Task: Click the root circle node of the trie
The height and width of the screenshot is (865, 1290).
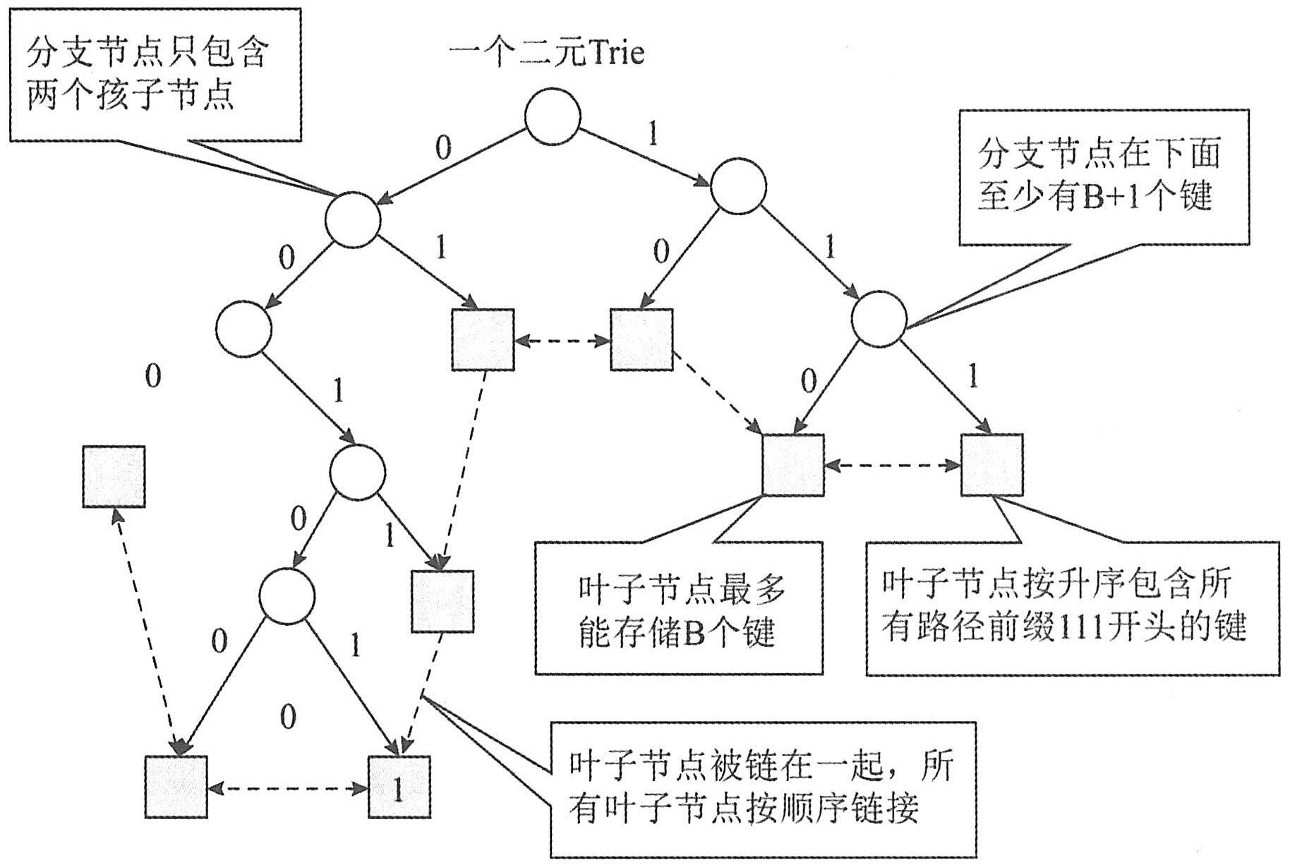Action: point(553,116)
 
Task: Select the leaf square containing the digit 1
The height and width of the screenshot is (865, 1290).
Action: point(399,787)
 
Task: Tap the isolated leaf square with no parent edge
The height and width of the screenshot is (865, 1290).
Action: point(114,476)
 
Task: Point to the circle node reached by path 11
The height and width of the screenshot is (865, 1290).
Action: point(879,320)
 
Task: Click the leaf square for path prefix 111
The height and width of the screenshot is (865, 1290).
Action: point(991,465)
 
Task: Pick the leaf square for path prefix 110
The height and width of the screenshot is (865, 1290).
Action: point(793,465)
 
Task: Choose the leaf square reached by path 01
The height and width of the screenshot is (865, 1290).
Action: point(483,339)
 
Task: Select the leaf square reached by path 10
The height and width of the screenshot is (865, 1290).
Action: point(641,339)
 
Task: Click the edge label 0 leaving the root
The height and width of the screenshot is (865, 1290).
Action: point(443,147)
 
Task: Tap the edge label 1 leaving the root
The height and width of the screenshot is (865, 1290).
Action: point(653,133)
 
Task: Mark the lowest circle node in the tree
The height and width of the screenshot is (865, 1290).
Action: point(287,597)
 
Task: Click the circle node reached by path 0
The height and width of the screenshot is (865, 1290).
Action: point(353,219)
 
